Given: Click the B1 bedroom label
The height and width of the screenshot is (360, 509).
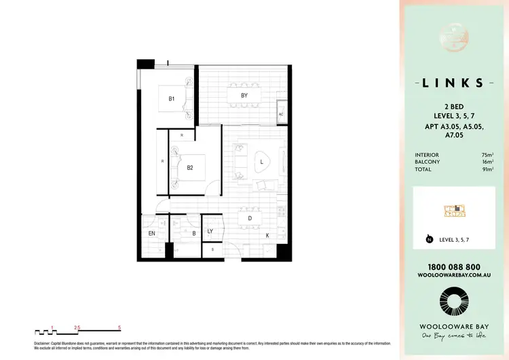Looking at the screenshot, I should tap(172, 99).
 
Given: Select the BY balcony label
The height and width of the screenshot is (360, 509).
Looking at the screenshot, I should tap(244, 96).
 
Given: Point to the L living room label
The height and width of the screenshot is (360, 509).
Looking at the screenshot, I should tap(261, 162).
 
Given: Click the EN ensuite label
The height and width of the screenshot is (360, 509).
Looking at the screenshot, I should tap(152, 234).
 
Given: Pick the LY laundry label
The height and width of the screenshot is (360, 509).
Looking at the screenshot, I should tap(210, 232).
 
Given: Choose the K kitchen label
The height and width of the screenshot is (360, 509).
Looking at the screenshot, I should tap(267, 235).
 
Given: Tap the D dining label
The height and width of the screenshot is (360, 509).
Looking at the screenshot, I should tap(250, 219).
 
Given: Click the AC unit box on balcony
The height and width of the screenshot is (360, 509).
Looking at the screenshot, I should tap(281, 114).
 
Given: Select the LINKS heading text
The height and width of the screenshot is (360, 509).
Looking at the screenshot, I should tap(453, 83).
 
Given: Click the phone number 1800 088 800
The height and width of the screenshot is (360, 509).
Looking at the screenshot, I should tap(453, 267).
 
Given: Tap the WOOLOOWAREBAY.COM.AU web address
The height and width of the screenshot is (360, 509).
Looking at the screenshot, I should tap(453, 276).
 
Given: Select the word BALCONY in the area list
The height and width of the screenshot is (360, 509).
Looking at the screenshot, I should tap(427, 162).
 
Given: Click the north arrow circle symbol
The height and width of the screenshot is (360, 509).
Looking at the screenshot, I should tap(429, 239).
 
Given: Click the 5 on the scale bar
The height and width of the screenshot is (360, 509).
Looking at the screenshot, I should tap(119, 327).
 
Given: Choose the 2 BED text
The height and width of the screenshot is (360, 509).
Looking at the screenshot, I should tap(453, 107).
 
